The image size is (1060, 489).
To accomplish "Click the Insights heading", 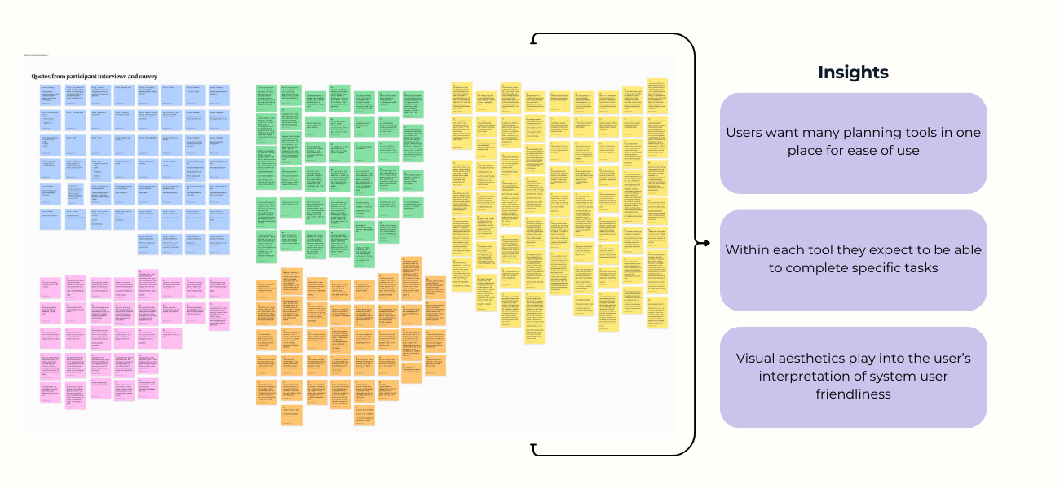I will coord(853,73).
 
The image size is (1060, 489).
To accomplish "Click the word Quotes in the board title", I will coord(41,77).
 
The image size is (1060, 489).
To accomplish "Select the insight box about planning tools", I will coord(853,143).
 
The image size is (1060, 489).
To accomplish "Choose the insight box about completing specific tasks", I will coord(853,260).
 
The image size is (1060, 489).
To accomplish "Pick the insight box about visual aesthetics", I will coord(853,377).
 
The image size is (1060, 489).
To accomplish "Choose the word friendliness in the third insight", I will coord(853,394).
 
